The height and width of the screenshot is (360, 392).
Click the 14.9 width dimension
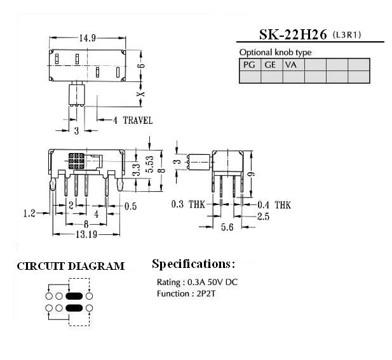coord(87,38)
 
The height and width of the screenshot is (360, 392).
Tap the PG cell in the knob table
coord(250,65)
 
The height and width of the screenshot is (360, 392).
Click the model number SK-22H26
coord(293,34)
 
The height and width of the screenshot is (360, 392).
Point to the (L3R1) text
coord(347,35)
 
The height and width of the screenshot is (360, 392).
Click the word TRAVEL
coord(138,120)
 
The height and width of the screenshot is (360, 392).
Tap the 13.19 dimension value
coord(86,234)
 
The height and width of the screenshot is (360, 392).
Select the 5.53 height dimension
coord(151,164)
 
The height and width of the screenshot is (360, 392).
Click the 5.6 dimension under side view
coord(227,227)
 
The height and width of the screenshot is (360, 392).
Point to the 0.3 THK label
coord(188,204)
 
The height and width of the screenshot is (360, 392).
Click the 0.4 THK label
coord(274,205)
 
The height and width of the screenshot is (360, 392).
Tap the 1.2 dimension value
coord(29,213)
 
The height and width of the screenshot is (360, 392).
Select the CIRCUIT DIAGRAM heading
coord(71,266)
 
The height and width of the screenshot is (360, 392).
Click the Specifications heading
coord(194,264)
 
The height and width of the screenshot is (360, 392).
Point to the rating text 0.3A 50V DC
coord(212,282)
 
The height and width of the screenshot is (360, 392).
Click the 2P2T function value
coord(206,293)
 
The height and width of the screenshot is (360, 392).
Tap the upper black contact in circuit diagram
coord(74,296)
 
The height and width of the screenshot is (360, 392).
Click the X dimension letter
coord(142,94)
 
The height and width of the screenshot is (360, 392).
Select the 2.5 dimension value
coord(264,217)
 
